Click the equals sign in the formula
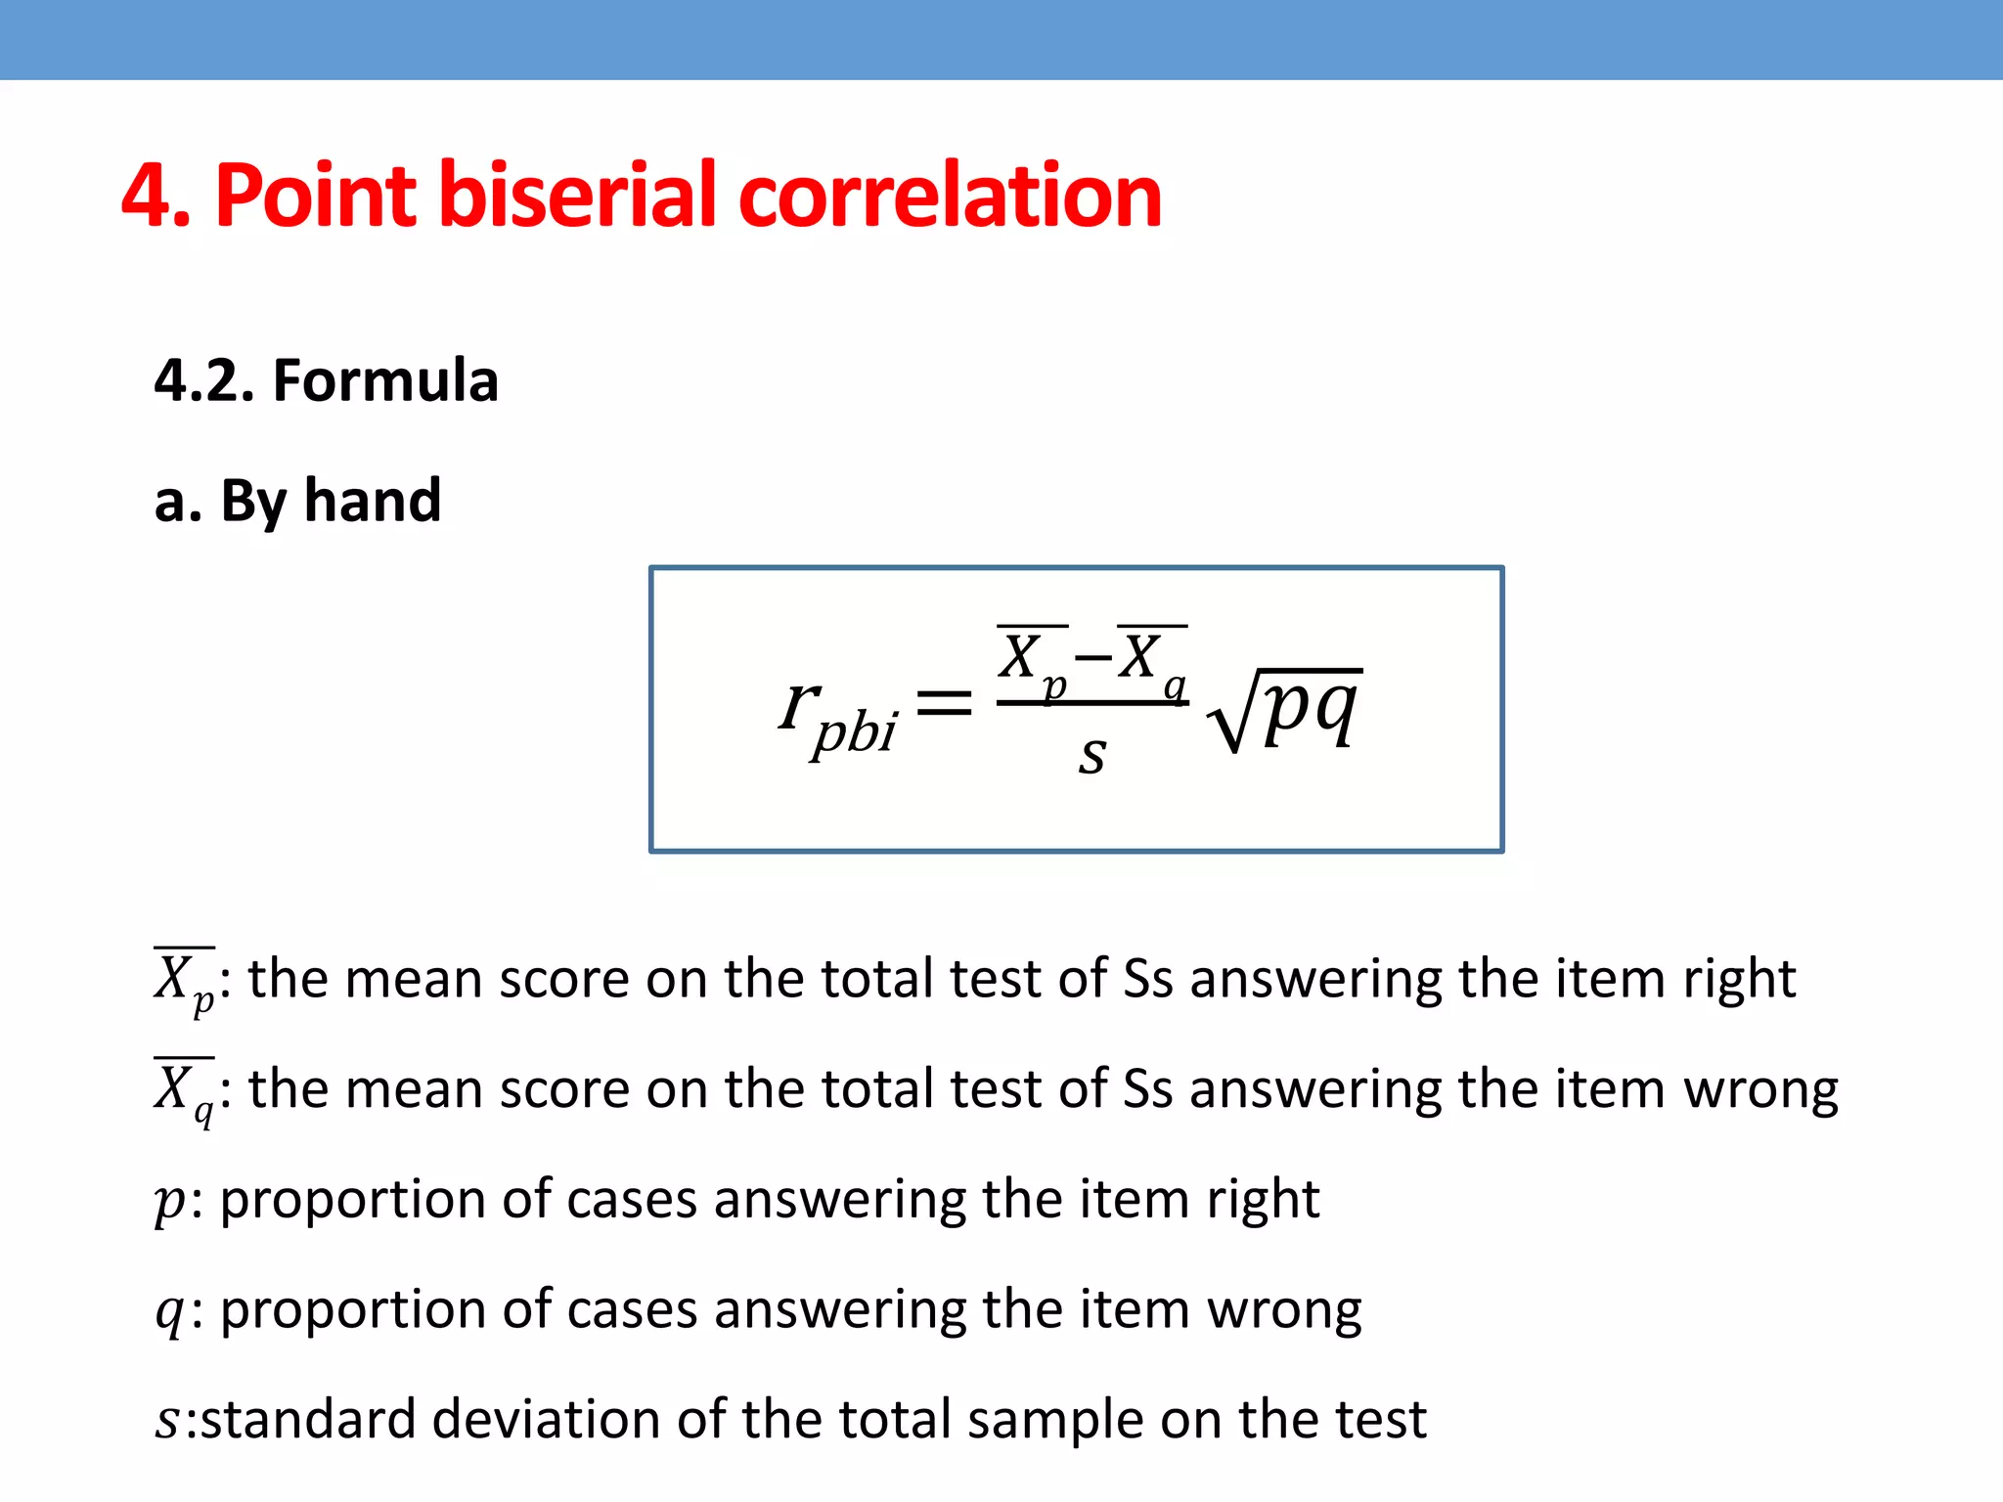pyautogui.click(x=944, y=702)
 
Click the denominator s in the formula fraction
pyautogui.click(x=1091, y=755)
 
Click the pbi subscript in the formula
pyautogui.click(x=855, y=731)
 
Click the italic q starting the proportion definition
pyautogui.click(x=168, y=1311)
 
